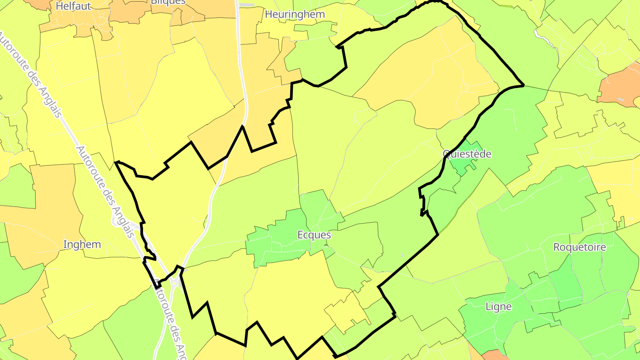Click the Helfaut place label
pos(74,6)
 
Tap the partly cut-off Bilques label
pos(168,2)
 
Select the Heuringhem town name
pos(295,14)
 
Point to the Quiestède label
pos(467,154)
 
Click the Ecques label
pos(314,235)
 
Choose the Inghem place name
pos(82,244)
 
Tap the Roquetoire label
pos(580,247)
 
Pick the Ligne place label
pos(498,307)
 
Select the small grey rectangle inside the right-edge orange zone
pos(621,100)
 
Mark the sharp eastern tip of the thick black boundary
pos(524,84)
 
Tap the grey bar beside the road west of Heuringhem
pos(247,5)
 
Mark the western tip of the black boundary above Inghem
pos(116,162)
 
